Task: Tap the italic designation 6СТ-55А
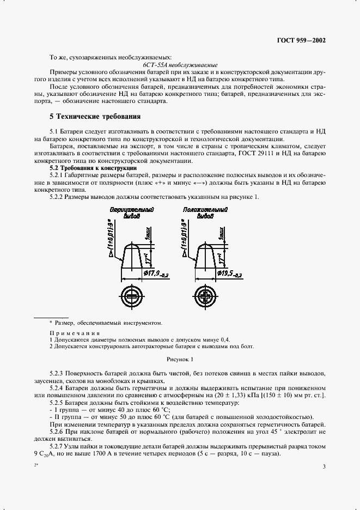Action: click(x=154, y=64)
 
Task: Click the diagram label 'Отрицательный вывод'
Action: click(x=131, y=212)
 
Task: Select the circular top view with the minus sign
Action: click(x=132, y=296)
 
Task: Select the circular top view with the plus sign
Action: click(x=205, y=296)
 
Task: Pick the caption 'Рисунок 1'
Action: click(x=180, y=359)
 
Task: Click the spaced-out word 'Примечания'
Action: click(x=75, y=333)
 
